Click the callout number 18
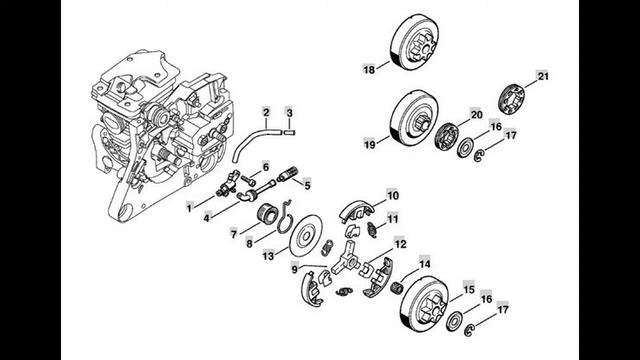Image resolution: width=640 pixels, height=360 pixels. click(x=369, y=70)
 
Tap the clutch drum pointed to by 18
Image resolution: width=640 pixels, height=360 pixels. click(x=415, y=42)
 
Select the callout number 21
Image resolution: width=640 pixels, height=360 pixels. click(x=543, y=76)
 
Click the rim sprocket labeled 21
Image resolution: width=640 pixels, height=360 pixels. click(x=512, y=98)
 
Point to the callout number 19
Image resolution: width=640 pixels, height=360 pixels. click(x=370, y=144)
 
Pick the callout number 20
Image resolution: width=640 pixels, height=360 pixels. click(x=476, y=115)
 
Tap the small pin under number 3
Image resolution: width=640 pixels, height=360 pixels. click(x=289, y=132)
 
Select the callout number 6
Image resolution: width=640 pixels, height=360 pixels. click(x=266, y=167)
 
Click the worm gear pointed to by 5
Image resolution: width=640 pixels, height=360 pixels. click(x=288, y=175)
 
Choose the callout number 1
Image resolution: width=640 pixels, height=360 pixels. click(x=189, y=208)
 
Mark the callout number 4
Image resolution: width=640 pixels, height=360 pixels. click(x=207, y=218)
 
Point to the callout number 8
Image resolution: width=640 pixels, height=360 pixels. click(x=249, y=244)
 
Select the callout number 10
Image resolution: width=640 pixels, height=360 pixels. click(x=392, y=196)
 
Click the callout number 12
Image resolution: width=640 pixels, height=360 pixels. click(x=400, y=244)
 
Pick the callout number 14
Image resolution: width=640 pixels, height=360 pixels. click(x=424, y=264)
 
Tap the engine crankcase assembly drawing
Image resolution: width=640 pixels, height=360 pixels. click(x=161, y=135)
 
